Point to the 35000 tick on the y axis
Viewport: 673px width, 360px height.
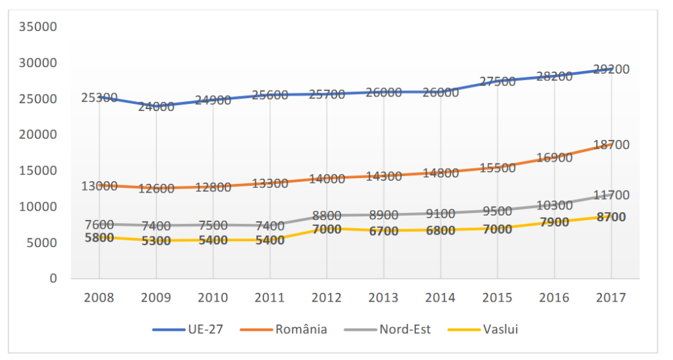pos(38,27)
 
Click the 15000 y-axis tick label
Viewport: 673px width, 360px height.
pos(38,171)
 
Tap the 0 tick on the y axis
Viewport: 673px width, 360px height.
pos(53,279)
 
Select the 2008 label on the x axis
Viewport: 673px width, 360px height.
pos(99,298)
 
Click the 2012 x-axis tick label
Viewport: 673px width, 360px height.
pos(327,298)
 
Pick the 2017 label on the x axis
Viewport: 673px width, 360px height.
pos(611,298)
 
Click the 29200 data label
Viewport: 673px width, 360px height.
pos(611,70)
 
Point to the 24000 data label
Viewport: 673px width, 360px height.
pos(156,106)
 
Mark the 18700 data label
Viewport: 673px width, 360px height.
pos(611,145)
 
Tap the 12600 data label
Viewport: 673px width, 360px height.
pos(156,189)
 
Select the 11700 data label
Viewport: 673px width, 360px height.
pos(611,195)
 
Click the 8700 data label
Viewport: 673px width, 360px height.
pos(611,217)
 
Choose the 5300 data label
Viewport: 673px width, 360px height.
pos(156,240)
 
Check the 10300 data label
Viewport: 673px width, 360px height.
pos(554,206)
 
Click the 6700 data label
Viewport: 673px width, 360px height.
pos(383,231)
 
